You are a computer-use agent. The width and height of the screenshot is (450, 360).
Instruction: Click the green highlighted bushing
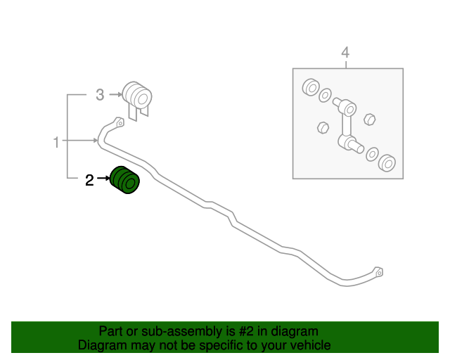tap(125, 180)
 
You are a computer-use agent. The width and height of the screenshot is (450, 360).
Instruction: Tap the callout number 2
tap(89, 180)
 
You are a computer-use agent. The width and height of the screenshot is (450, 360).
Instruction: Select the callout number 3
tap(100, 95)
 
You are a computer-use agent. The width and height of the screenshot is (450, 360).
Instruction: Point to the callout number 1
tap(56, 142)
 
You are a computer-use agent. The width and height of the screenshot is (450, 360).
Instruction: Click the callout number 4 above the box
tap(345, 53)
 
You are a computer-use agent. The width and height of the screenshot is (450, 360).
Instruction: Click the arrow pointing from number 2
tap(103, 179)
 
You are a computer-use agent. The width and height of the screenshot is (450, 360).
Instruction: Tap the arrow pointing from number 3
tap(115, 94)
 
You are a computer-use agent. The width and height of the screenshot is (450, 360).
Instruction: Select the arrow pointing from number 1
tap(79, 141)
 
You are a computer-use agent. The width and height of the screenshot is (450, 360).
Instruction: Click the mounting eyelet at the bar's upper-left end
tap(119, 122)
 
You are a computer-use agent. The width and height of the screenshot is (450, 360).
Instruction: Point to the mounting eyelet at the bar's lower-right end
tap(378, 272)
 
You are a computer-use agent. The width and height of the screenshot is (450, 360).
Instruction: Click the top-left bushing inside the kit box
tap(311, 87)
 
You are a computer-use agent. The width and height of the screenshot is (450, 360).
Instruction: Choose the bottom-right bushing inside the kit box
tap(387, 163)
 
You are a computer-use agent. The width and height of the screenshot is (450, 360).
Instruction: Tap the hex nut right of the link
tap(370, 120)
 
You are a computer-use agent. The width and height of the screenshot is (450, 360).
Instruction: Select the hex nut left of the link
tap(323, 127)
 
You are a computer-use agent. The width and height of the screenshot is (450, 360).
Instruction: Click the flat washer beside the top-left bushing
tap(325, 96)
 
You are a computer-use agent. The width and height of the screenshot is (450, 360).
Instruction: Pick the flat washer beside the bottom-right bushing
tap(372, 155)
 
